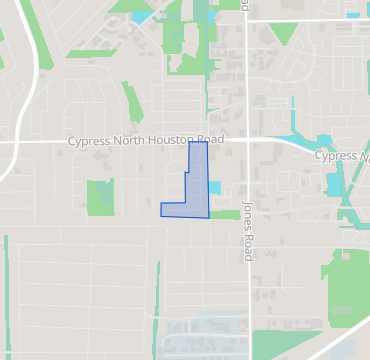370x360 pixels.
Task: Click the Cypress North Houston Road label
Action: (146, 141)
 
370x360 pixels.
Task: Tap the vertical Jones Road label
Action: (248, 229)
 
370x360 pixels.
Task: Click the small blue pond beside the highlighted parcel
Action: (214, 188)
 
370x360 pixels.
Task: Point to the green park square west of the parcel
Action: (100, 196)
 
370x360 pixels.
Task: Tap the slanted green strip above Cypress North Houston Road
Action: (133, 102)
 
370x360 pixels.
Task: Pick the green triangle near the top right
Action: (283, 34)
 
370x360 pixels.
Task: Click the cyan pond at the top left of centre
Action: (141, 16)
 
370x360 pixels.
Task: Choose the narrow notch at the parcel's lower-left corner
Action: (165, 209)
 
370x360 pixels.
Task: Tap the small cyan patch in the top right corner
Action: (352, 15)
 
